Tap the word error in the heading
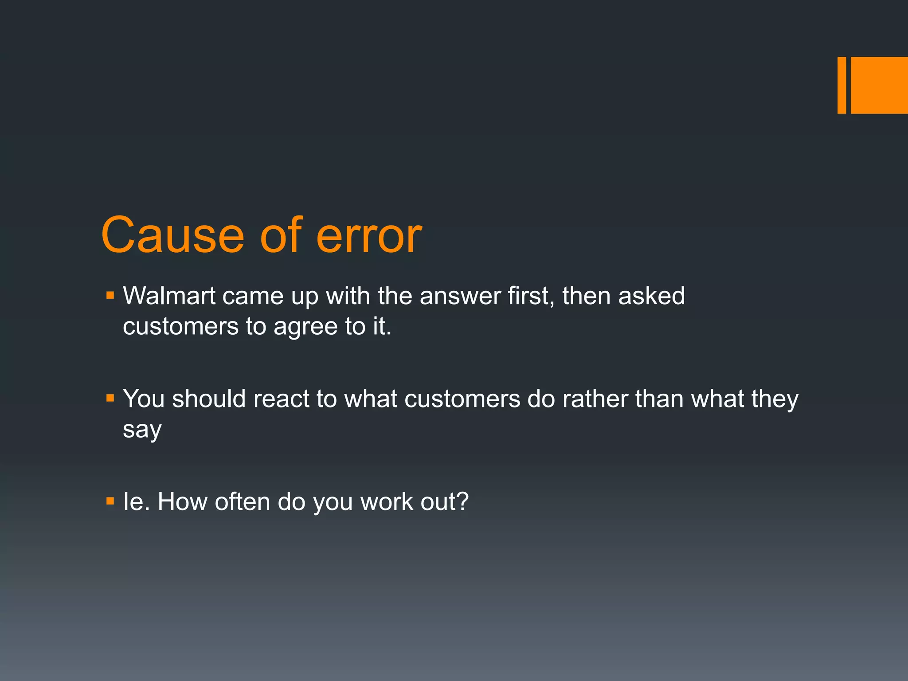coord(369,236)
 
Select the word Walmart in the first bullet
coord(169,296)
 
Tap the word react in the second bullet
coord(281,399)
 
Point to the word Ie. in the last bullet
coord(136,502)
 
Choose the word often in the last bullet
coord(242,502)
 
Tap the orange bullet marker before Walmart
coord(110,295)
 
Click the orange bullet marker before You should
coord(110,398)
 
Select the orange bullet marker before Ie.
coord(110,501)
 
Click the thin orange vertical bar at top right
coord(841,85)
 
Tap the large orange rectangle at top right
coord(879,85)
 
